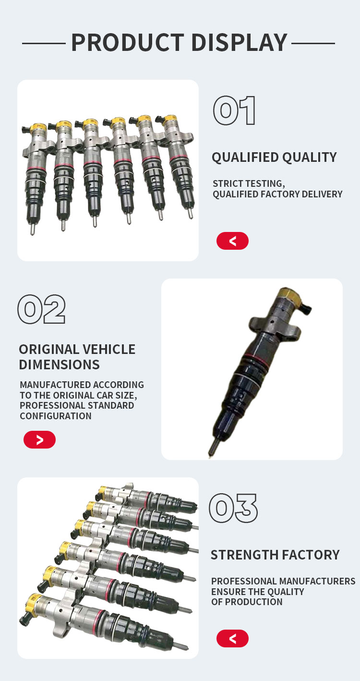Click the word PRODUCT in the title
point(128,43)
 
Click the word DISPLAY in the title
point(240,43)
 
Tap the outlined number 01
point(234,110)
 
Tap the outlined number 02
point(42,309)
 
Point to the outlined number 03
point(233,508)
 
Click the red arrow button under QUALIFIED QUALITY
point(232,241)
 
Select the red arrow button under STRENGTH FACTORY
point(232,638)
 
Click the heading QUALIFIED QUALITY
point(275,158)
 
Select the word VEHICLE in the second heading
point(109,349)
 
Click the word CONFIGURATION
point(56,416)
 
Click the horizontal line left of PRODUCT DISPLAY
point(44,44)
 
